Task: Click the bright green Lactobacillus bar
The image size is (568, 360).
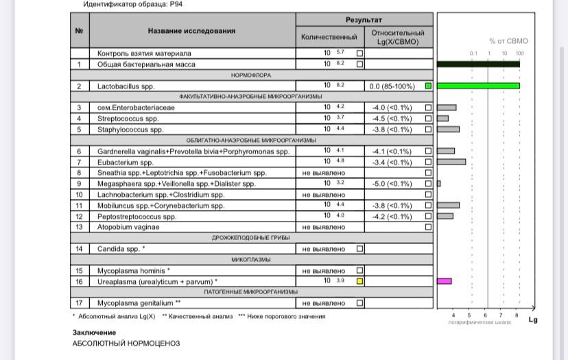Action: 478,86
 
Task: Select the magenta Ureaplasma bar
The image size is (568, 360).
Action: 444,281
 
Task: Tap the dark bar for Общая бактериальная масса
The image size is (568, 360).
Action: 478,64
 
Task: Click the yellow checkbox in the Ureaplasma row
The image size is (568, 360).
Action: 359,281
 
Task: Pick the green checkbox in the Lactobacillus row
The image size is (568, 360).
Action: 428,86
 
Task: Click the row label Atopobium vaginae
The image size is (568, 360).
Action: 128,227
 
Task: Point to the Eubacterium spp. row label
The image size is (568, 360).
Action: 126,162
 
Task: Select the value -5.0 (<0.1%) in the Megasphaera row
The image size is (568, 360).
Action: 392,184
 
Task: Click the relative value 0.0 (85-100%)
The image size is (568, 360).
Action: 392,86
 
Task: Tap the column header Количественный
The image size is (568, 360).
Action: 329,36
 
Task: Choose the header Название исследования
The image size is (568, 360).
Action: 191,31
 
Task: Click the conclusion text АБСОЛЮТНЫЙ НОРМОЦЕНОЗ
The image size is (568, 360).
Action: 126,343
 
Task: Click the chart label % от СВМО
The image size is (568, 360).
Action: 508,41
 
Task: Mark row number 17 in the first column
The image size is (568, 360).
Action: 80,302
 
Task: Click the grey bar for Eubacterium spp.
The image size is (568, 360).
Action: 451,162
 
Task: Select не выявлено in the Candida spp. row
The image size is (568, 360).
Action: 324,249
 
